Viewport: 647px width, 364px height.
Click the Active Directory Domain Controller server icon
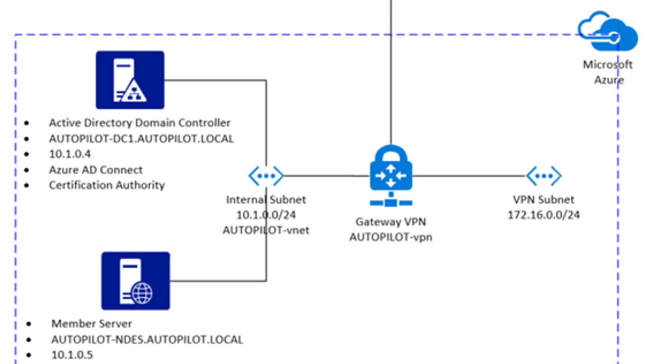click(130, 80)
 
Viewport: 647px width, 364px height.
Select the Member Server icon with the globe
click(135, 281)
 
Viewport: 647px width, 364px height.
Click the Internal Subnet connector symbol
click(266, 176)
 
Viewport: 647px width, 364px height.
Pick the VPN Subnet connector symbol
click(544, 176)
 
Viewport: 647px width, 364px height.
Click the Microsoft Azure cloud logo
click(608, 32)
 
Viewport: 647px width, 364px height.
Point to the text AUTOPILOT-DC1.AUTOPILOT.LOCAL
click(141, 139)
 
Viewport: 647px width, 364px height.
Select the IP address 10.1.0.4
click(70, 154)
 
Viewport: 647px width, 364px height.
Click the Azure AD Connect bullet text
click(96, 170)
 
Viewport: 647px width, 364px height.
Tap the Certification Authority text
click(107, 185)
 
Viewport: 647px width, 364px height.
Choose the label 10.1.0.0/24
click(266, 215)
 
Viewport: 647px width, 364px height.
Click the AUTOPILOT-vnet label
click(266, 230)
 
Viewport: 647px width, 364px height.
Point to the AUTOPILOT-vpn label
click(391, 237)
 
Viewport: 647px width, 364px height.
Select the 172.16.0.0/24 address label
click(544, 215)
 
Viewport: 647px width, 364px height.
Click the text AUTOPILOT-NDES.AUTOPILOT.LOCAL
click(147, 340)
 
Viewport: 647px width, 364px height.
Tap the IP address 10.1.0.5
click(72, 355)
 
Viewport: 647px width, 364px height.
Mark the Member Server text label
click(91, 324)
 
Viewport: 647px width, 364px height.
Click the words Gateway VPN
click(391, 222)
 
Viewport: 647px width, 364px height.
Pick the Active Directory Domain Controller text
click(140, 123)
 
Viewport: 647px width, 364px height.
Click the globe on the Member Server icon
click(142, 293)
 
